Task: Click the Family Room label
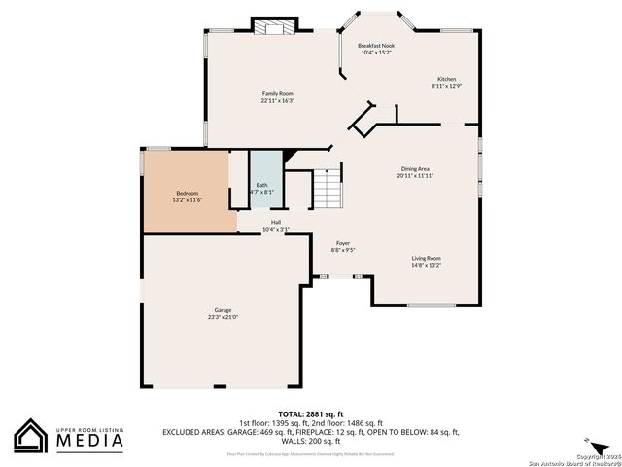(x=277, y=93)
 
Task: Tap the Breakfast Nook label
(x=375, y=46)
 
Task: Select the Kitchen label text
(x=446, y=79)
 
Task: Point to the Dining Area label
(x=414, y=169)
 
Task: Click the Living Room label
(x=426, y=258)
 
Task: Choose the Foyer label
(x=342, y=243)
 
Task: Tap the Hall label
(x=276, y=222)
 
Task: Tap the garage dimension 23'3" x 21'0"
(x=223, y=317)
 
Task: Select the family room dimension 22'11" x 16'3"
(x=277, y=100)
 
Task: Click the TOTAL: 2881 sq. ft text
(x=312, y=413)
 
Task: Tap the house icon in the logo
(x=31, y=436)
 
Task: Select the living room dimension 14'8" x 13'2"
(x=426, y=265)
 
